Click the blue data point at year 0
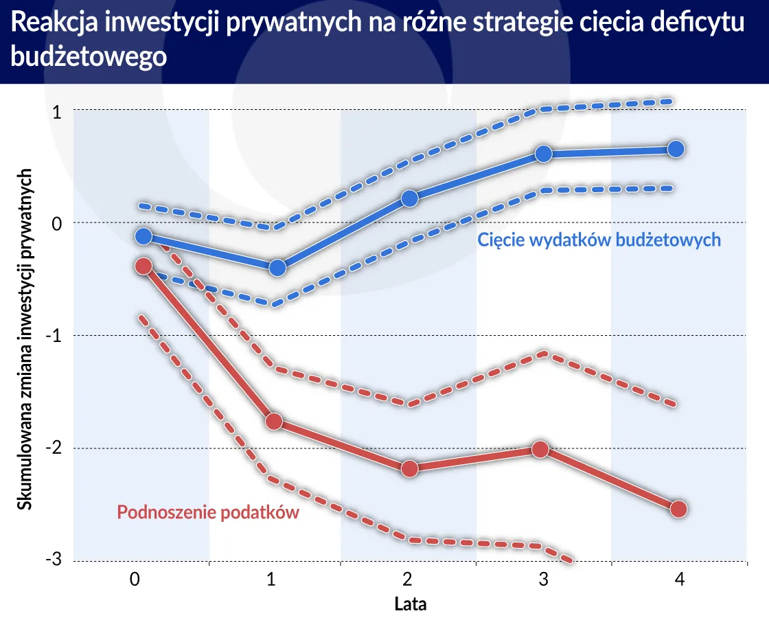[x=143, y=236]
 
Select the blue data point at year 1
[x=277, y=268]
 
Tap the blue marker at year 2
[x=409, y=198]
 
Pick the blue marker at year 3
[x=543, y=153]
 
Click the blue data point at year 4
[x=676, y=149]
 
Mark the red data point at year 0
[x=143, y=266]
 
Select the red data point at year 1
[x=274, y=421]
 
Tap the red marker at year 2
[x=409, y=469]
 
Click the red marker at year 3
[x=541, y=450]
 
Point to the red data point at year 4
[x=678, y=509]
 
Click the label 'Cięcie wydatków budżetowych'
[x=599, y=240]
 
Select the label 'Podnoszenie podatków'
[x=208, y=512]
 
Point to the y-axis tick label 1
[x=58, y=111]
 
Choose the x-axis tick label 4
[x=679, y=580]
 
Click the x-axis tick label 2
[x=408, y=580]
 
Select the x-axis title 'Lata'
[x=410, y=605]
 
